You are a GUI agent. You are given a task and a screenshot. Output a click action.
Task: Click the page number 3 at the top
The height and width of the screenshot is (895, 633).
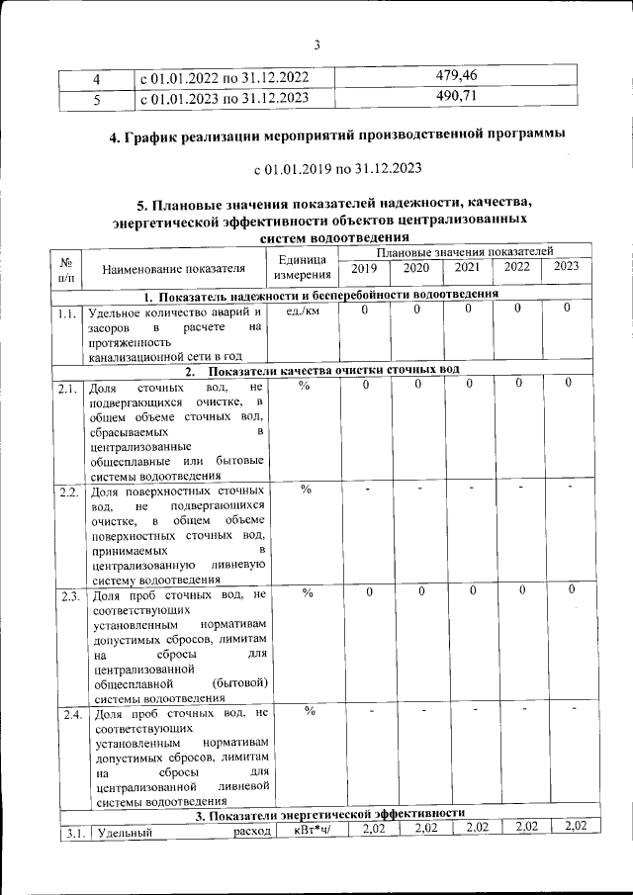pos(317,45)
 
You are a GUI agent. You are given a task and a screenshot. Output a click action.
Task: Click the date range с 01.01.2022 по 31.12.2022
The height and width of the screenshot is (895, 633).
pos(225,77)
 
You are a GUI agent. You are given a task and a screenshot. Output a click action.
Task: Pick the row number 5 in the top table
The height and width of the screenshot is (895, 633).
pos(96,98)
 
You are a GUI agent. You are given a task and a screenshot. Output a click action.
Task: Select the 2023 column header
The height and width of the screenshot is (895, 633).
pos(567,266)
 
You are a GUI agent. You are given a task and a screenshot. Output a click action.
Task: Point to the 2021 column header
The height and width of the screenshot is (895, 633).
pos(467,267)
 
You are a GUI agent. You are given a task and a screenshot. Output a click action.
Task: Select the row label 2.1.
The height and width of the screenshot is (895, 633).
pos(69,389)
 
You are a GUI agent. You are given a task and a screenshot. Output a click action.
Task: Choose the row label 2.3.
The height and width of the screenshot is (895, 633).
pos(69,595)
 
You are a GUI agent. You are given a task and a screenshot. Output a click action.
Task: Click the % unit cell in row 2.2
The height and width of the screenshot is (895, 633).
pos(307,490)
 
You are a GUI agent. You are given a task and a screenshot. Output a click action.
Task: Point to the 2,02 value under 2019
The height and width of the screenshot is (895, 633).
pos(372,828)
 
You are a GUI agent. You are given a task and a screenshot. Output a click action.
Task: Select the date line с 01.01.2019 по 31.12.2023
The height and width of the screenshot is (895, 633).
pos(337,168)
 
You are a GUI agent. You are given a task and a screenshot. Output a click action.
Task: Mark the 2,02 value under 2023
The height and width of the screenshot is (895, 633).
pos(575,827)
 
